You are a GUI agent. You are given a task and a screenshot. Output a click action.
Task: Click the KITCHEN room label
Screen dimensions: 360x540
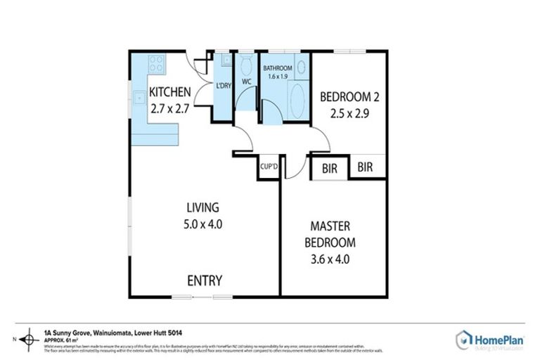coord(169,91)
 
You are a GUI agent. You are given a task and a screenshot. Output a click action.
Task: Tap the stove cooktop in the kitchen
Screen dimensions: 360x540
coord(156,65)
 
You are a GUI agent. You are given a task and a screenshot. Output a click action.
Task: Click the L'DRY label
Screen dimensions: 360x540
coord(224,85)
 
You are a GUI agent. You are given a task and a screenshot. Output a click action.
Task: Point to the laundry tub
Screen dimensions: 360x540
coord(224,61)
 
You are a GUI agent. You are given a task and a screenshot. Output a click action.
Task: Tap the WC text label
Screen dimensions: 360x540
coord(246,82)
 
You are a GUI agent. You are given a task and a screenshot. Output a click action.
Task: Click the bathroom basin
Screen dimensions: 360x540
coord(302,67)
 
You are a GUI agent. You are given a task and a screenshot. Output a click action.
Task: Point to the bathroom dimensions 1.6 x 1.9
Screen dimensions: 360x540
coord(277,77)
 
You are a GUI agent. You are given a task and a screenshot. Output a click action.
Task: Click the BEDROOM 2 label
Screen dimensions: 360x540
coord(349,97)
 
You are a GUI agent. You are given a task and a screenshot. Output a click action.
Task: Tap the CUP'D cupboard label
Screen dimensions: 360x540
coord(269,167)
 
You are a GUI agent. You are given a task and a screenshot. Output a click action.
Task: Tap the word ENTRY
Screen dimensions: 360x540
coord(205,281)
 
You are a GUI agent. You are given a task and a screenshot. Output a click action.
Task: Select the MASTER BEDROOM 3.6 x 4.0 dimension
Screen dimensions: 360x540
coord(330,259)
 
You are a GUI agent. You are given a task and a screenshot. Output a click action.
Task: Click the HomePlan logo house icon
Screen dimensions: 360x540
coord(463,340)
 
